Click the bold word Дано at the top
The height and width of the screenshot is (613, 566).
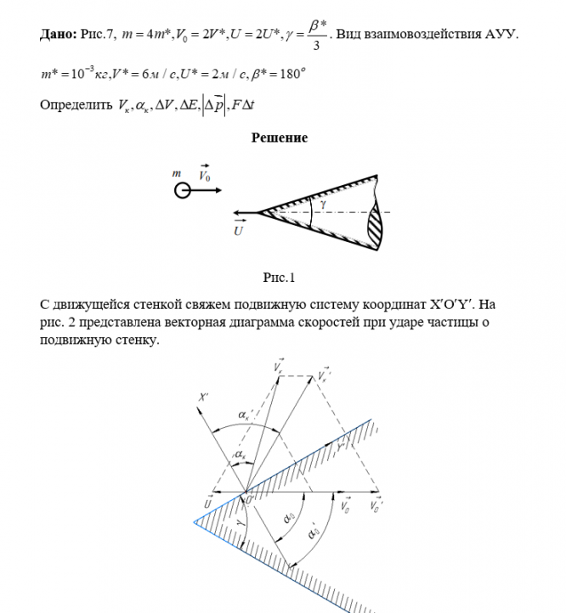pyautogui.click(x=57, y=35)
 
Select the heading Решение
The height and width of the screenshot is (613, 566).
pyautogui.click(x=279, y=138)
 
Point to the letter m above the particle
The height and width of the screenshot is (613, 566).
pyautogui.click(x=177, y=174)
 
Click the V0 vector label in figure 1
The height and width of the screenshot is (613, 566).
pyautogui.click(x=206, y=175)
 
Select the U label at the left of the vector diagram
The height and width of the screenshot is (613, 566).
pyautogui.click(x=208, y=503)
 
